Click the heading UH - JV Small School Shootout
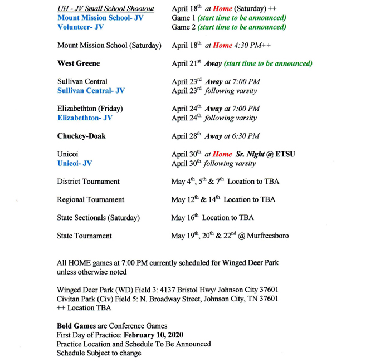coord(106,9)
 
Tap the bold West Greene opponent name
coord(79,63)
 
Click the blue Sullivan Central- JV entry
coord(91,91)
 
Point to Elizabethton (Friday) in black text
coord(90,109)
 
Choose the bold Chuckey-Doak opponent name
coord(81,136)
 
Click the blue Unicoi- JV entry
coord(75,164)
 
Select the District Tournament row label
coord(88,182)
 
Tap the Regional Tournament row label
coord(90,200)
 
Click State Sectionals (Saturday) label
coord(98,218)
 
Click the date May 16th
coord(184,218)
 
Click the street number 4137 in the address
coord(169,290)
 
